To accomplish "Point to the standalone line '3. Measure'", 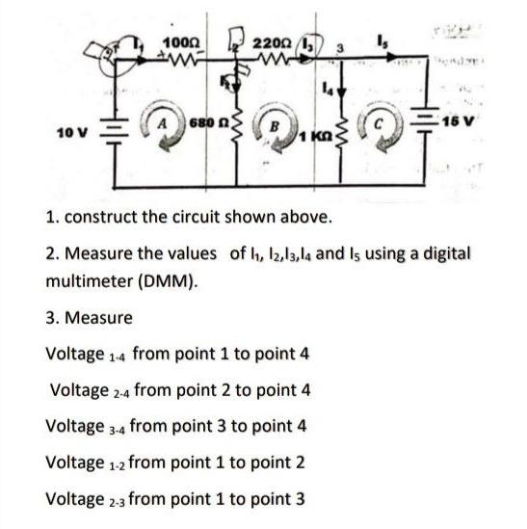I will point(90,317).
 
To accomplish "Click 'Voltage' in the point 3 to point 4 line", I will point(77,425).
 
